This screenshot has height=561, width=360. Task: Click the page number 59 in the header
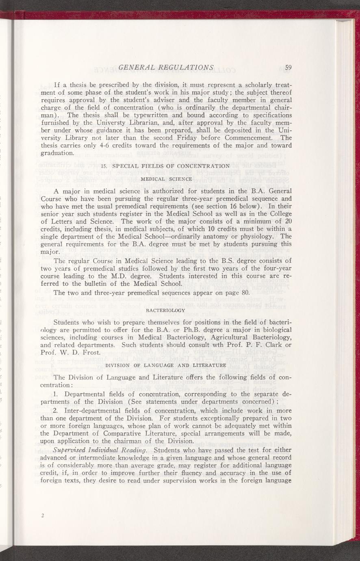[x=288, y=67]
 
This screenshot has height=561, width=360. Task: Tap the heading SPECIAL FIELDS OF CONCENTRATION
[x=171, y=165]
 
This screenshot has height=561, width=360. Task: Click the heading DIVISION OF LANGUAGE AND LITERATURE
[x=165, y=365]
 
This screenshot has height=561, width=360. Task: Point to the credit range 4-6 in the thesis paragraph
[x=105, y=146]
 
